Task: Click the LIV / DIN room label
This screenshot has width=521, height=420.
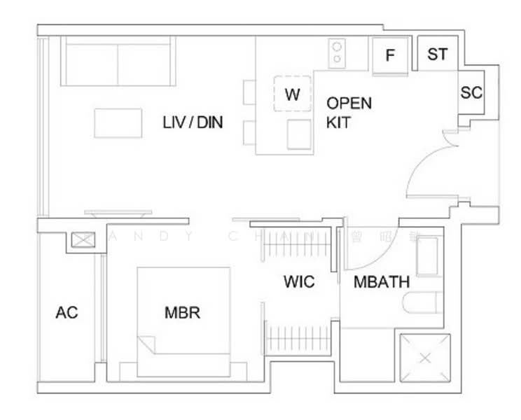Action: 193,122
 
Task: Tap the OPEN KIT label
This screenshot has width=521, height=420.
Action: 349,113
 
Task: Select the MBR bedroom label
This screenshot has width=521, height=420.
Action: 182,312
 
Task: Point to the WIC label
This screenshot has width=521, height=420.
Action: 299,282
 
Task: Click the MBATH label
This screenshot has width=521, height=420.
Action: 381,282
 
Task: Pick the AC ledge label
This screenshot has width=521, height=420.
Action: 67,312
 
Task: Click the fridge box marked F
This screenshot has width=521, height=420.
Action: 391,55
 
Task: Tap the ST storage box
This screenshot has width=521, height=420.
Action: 437,54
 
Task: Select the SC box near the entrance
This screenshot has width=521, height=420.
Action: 471,92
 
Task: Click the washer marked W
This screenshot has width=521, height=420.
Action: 293,94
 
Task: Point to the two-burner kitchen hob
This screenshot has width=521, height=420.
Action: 338,52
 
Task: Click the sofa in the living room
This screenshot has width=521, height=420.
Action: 118,60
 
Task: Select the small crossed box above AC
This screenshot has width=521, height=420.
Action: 82,240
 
